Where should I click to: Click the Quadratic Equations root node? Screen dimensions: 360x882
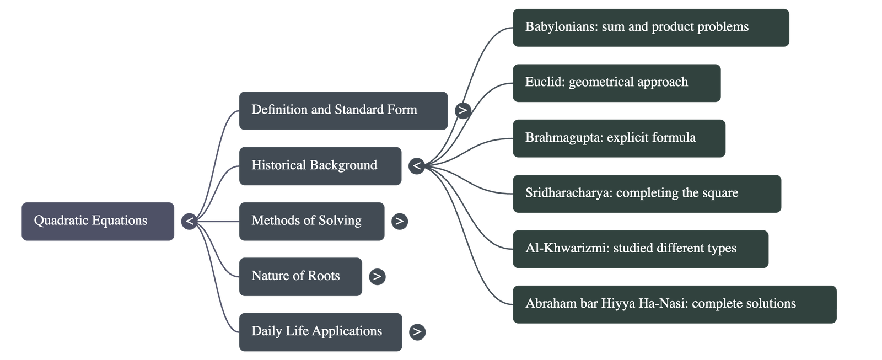click(98, 221)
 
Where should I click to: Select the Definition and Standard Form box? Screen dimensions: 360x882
click(343, 110)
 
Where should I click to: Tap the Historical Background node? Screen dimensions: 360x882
click(320, 165)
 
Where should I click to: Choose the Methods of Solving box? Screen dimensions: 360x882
click(311, 221)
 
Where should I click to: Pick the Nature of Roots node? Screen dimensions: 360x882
click(300, 276)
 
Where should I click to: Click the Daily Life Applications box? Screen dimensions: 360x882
click(320, 331)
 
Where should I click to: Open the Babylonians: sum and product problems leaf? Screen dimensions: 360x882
click(650, 27)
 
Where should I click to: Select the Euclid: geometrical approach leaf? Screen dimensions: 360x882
click(616, 83)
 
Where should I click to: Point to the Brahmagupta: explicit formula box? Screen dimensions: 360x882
click(619, 138)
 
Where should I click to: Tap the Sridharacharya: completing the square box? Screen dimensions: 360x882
click(647, 194)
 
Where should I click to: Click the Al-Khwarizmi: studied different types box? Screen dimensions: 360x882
click(641, 249)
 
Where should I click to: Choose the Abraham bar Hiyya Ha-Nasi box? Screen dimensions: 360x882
click(674, 304)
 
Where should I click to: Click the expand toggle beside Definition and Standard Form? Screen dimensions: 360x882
click(463, 110)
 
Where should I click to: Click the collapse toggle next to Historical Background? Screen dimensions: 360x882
click(417, 165)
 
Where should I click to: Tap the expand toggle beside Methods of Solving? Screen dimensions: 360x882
click(400, 221)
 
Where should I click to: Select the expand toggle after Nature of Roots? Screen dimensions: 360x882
click(377, 276)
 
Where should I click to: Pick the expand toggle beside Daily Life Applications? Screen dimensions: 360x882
click(417, 331)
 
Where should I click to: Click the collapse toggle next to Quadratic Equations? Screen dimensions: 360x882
click(189, 221)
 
